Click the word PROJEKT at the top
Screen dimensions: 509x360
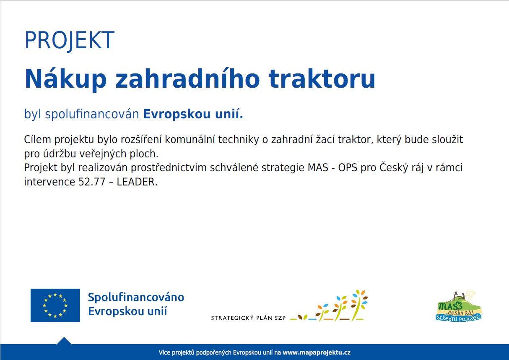[x=69, y=40]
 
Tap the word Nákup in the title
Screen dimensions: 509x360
[x=65, y=79]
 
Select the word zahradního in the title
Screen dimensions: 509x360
[x=187, y=78]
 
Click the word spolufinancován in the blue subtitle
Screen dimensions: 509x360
[x=92, y=114]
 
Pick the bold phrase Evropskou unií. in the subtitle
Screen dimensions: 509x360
[x=193, y=114]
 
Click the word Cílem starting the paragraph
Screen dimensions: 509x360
[x=37, y=139]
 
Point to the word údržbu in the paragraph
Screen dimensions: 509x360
[x=59, y=154]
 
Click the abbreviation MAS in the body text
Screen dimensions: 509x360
[x=318, y=167]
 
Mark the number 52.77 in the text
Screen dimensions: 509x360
[x=92, y=182]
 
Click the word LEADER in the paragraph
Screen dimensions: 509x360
[x=136, y=182]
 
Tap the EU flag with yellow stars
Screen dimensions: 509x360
[x=55, y=305]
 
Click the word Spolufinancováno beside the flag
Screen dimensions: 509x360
[x=136, y=297]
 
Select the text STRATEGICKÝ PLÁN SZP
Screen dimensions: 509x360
[x=248, y=318]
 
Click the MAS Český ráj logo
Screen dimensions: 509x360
[x=459, y=306]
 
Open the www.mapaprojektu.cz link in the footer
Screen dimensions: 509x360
[x=317, y=352]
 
